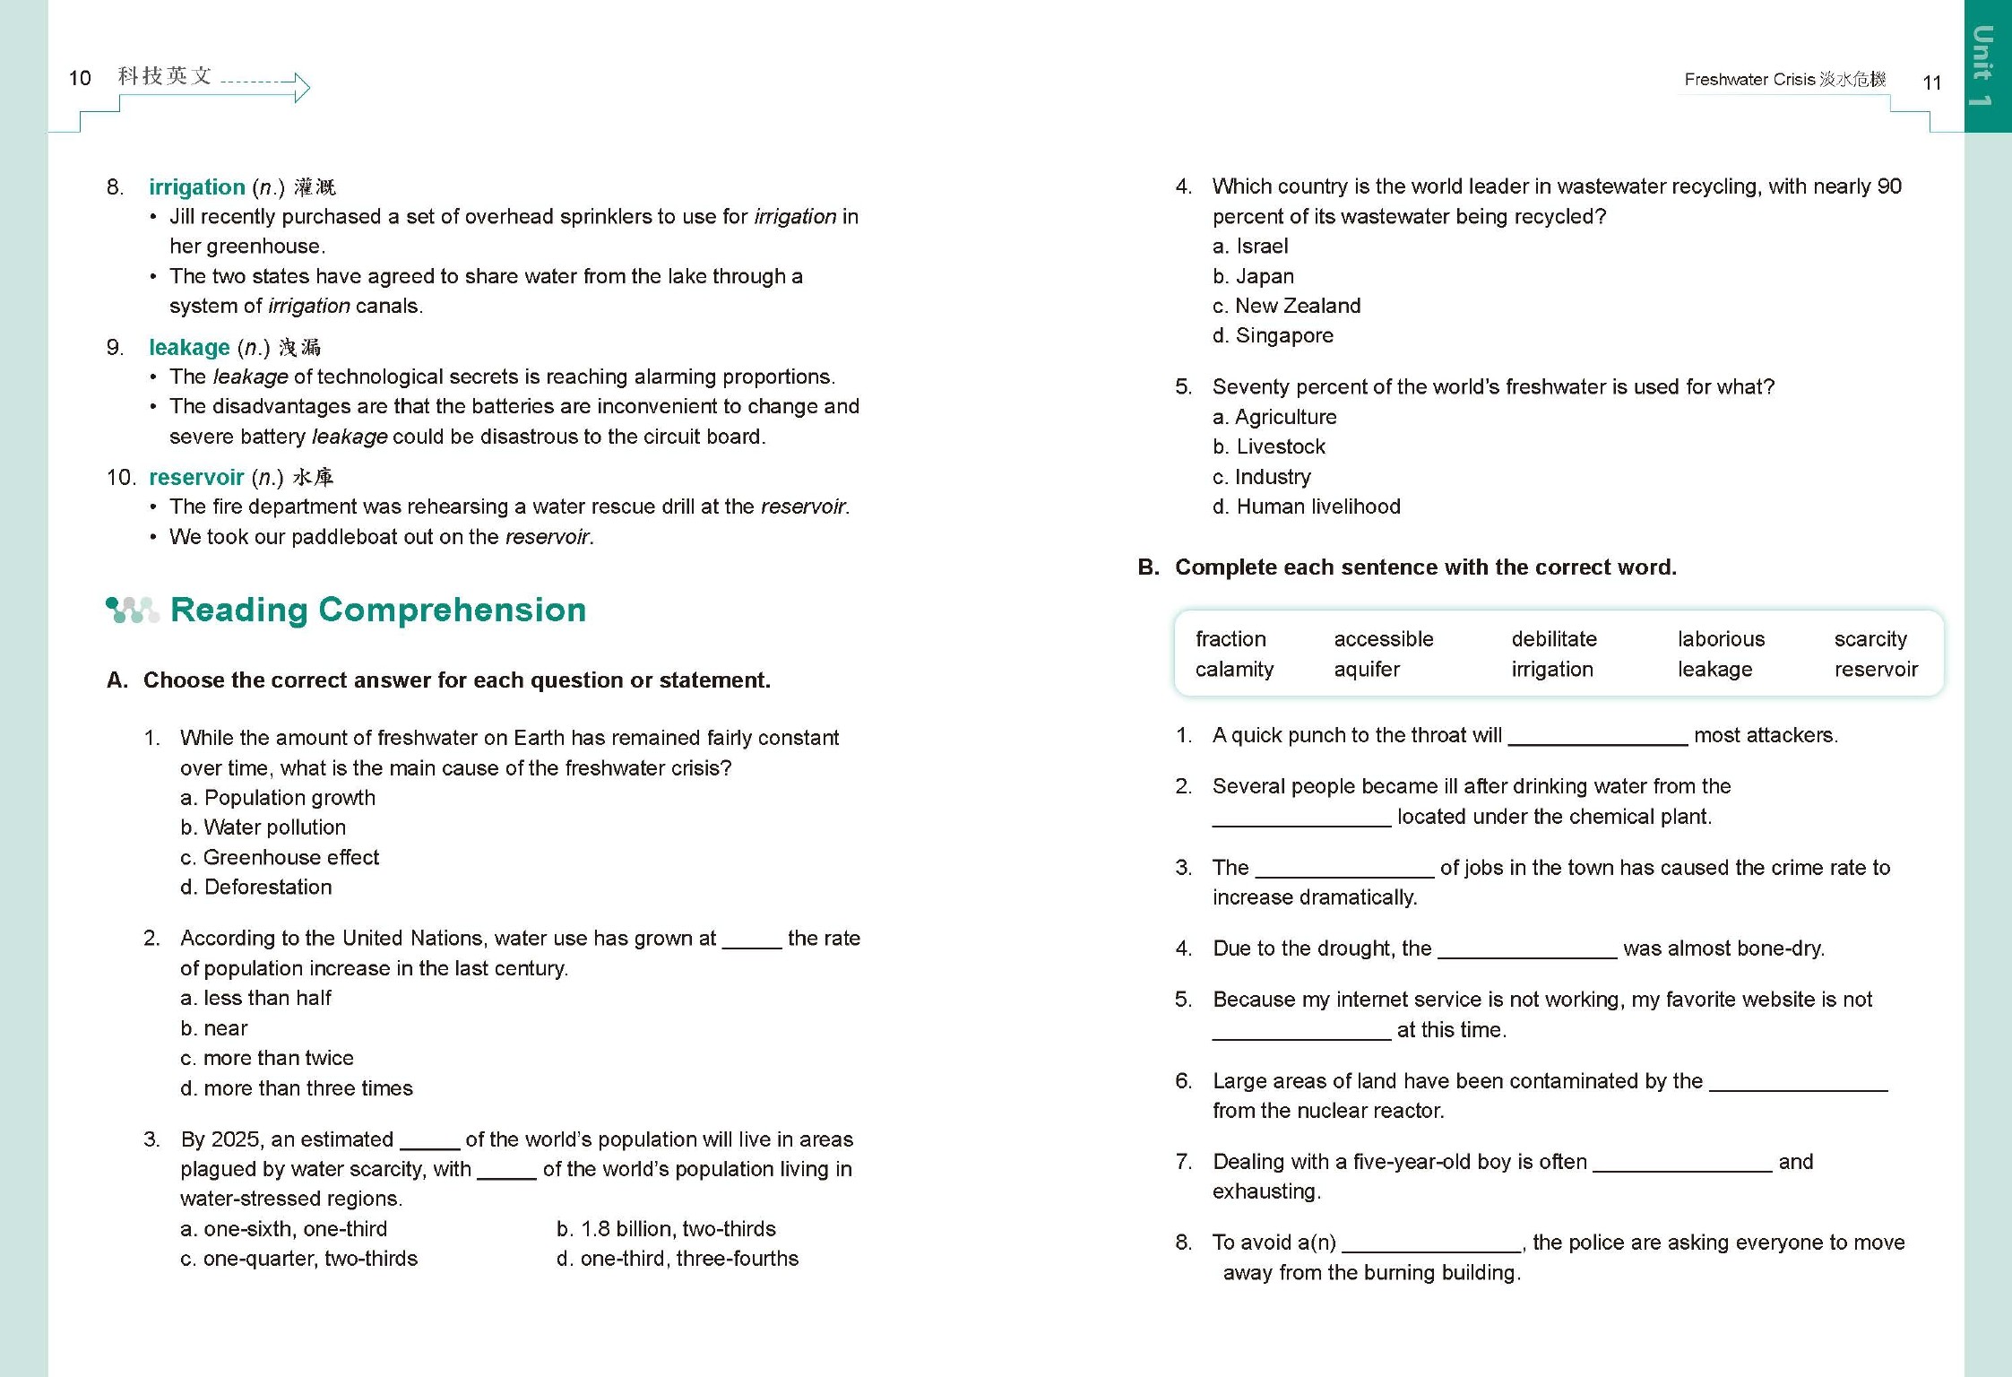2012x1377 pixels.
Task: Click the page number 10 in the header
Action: [x=80, y=78]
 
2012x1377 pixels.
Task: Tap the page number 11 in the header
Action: [x=1931, y=82]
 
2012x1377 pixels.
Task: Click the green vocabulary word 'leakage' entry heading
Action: [x=189, y=348]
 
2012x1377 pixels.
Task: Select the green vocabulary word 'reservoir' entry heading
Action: [x=196, y=478]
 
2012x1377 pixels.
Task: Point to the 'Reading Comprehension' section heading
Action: [x=378, y=611]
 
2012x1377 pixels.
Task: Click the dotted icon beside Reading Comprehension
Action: [x=132, y=611]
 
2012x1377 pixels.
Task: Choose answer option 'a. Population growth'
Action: [x=278, y=798]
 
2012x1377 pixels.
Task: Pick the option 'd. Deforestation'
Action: [x=256, y=888]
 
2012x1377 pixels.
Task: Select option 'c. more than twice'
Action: [x=267, y=1058]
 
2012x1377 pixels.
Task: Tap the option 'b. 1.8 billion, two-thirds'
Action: [x=666, y=1229]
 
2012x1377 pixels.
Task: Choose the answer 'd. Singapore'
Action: [x=1273, y=336]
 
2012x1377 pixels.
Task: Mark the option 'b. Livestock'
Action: [x=1269, y=446]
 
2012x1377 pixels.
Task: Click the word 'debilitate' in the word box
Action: [x=1554, y=639]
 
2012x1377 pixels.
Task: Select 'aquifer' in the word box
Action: [x=1367, y=670]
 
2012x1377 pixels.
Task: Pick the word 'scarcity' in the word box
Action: [x=1870, y=639]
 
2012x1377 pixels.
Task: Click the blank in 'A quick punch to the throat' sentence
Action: [x=1598, y=737]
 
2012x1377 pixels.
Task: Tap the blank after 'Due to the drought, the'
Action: [x=1527, y=950]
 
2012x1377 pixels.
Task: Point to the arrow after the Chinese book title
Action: [x=266, y=85]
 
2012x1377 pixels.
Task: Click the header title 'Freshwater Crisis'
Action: [x=1749, y=80]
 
